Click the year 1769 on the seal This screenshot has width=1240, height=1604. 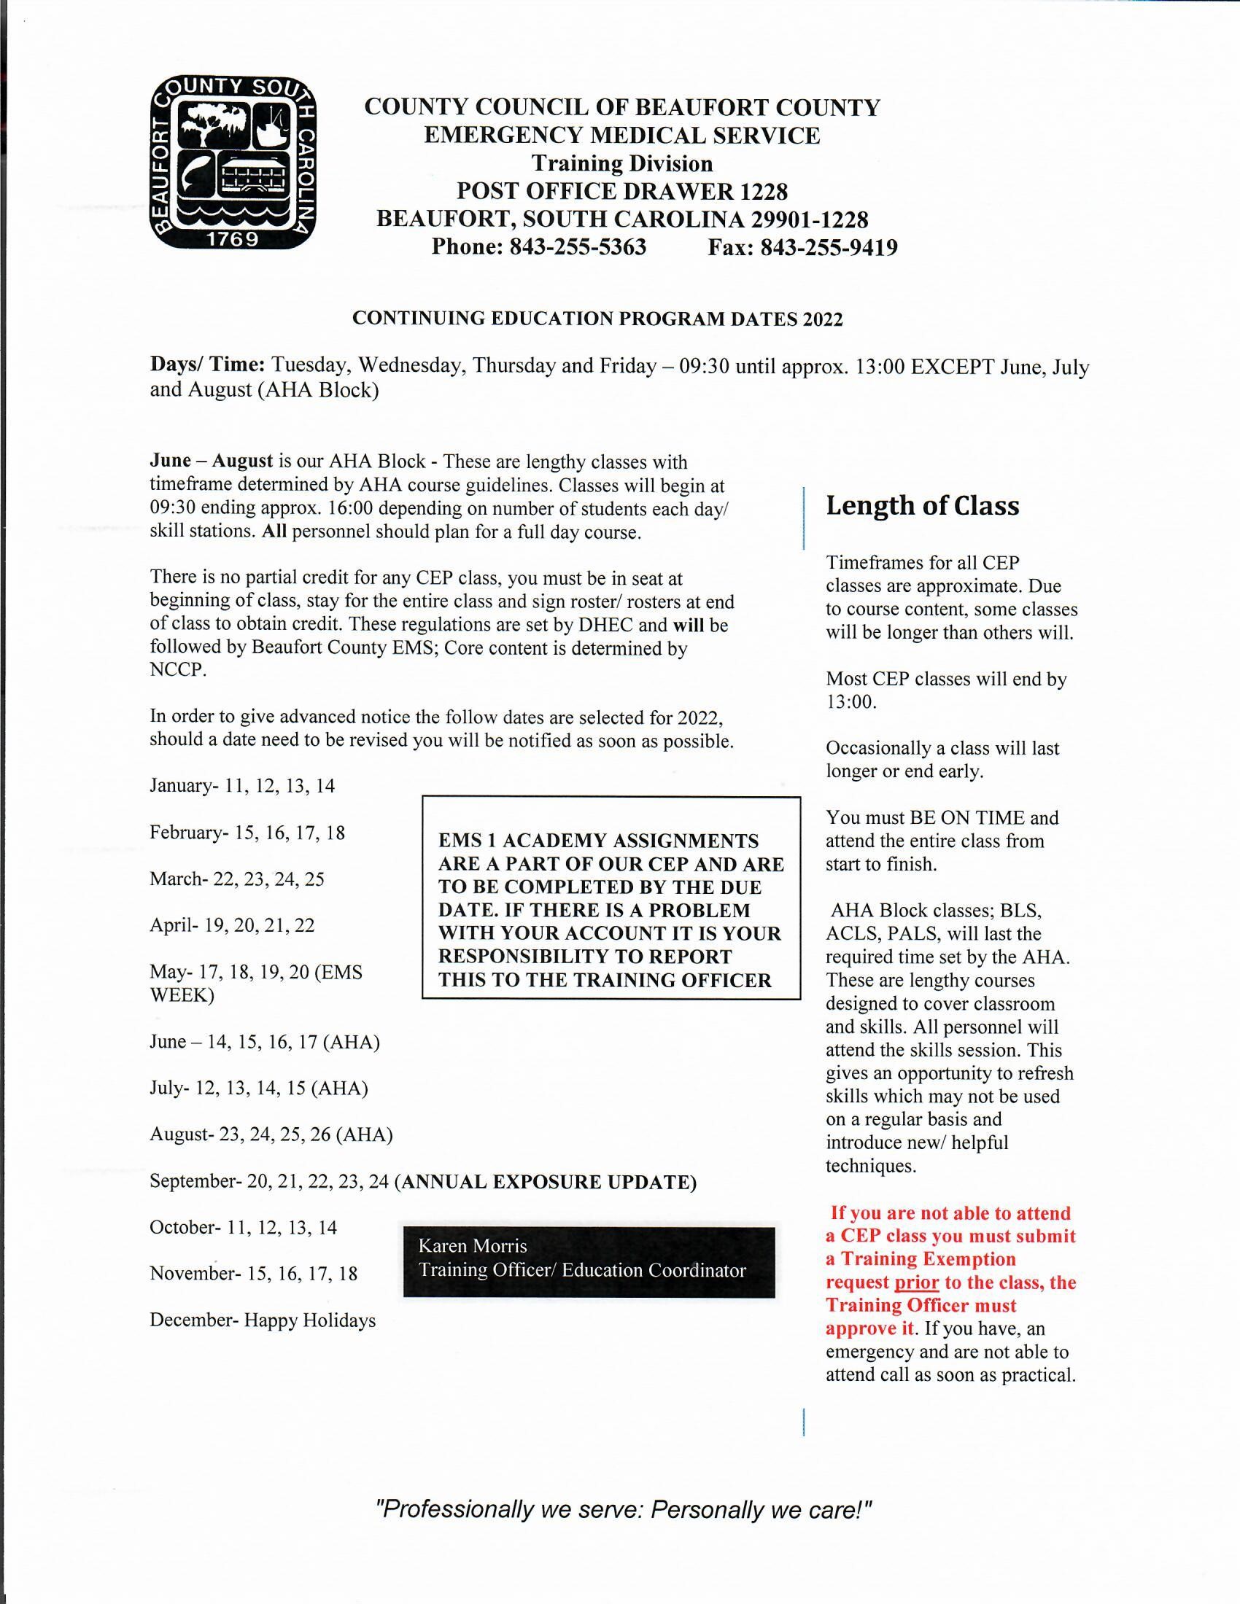coord(233,239)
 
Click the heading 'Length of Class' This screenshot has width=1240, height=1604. coord(922,506)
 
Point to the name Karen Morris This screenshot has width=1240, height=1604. coord(473,1245)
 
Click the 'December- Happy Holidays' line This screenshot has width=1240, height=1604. coord(263,1320)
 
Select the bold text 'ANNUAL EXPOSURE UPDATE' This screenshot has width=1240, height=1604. coord(547,1182)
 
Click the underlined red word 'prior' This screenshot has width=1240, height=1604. coord(916,1282)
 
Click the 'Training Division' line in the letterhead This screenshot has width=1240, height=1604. coord(622,163)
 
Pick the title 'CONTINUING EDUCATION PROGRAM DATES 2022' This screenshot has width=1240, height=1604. coord(597,319)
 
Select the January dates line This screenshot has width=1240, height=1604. coord(242,786)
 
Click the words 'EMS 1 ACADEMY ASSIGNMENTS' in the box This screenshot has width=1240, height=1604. coord(599,840)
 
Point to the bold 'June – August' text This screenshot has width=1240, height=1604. coord(211,462)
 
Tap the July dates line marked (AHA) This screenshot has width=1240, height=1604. coord(259,1088)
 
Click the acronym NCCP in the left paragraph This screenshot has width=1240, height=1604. coord(177,671)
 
